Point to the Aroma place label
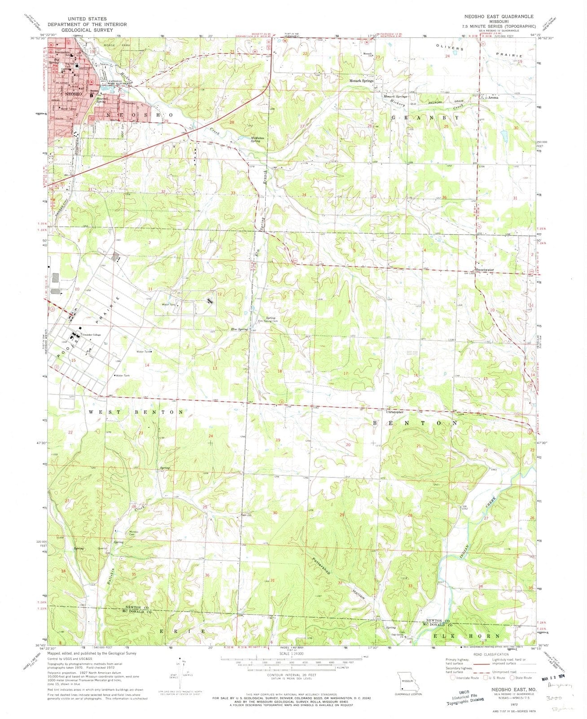pyautogui.click(x=493, y=97)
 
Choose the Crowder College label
pyautogui.click(x=92, y=335)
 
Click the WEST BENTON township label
pyautogui.click(x=136, y=412)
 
